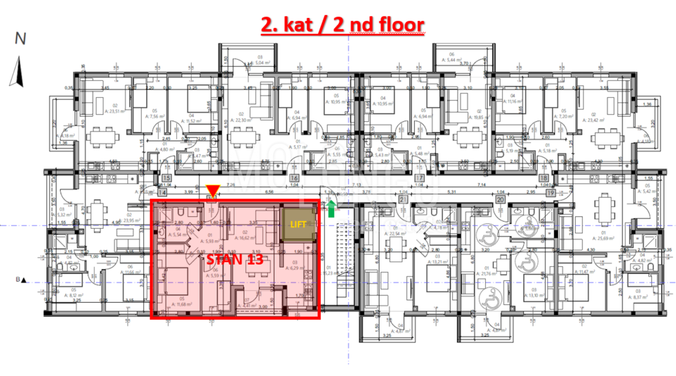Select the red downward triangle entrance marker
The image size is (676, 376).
212,190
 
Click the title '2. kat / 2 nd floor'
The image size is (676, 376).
341,25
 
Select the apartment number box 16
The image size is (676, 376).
293,179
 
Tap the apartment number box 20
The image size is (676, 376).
499,199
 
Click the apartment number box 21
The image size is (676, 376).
403,199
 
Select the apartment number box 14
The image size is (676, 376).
162,192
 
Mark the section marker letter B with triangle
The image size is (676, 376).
21,279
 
